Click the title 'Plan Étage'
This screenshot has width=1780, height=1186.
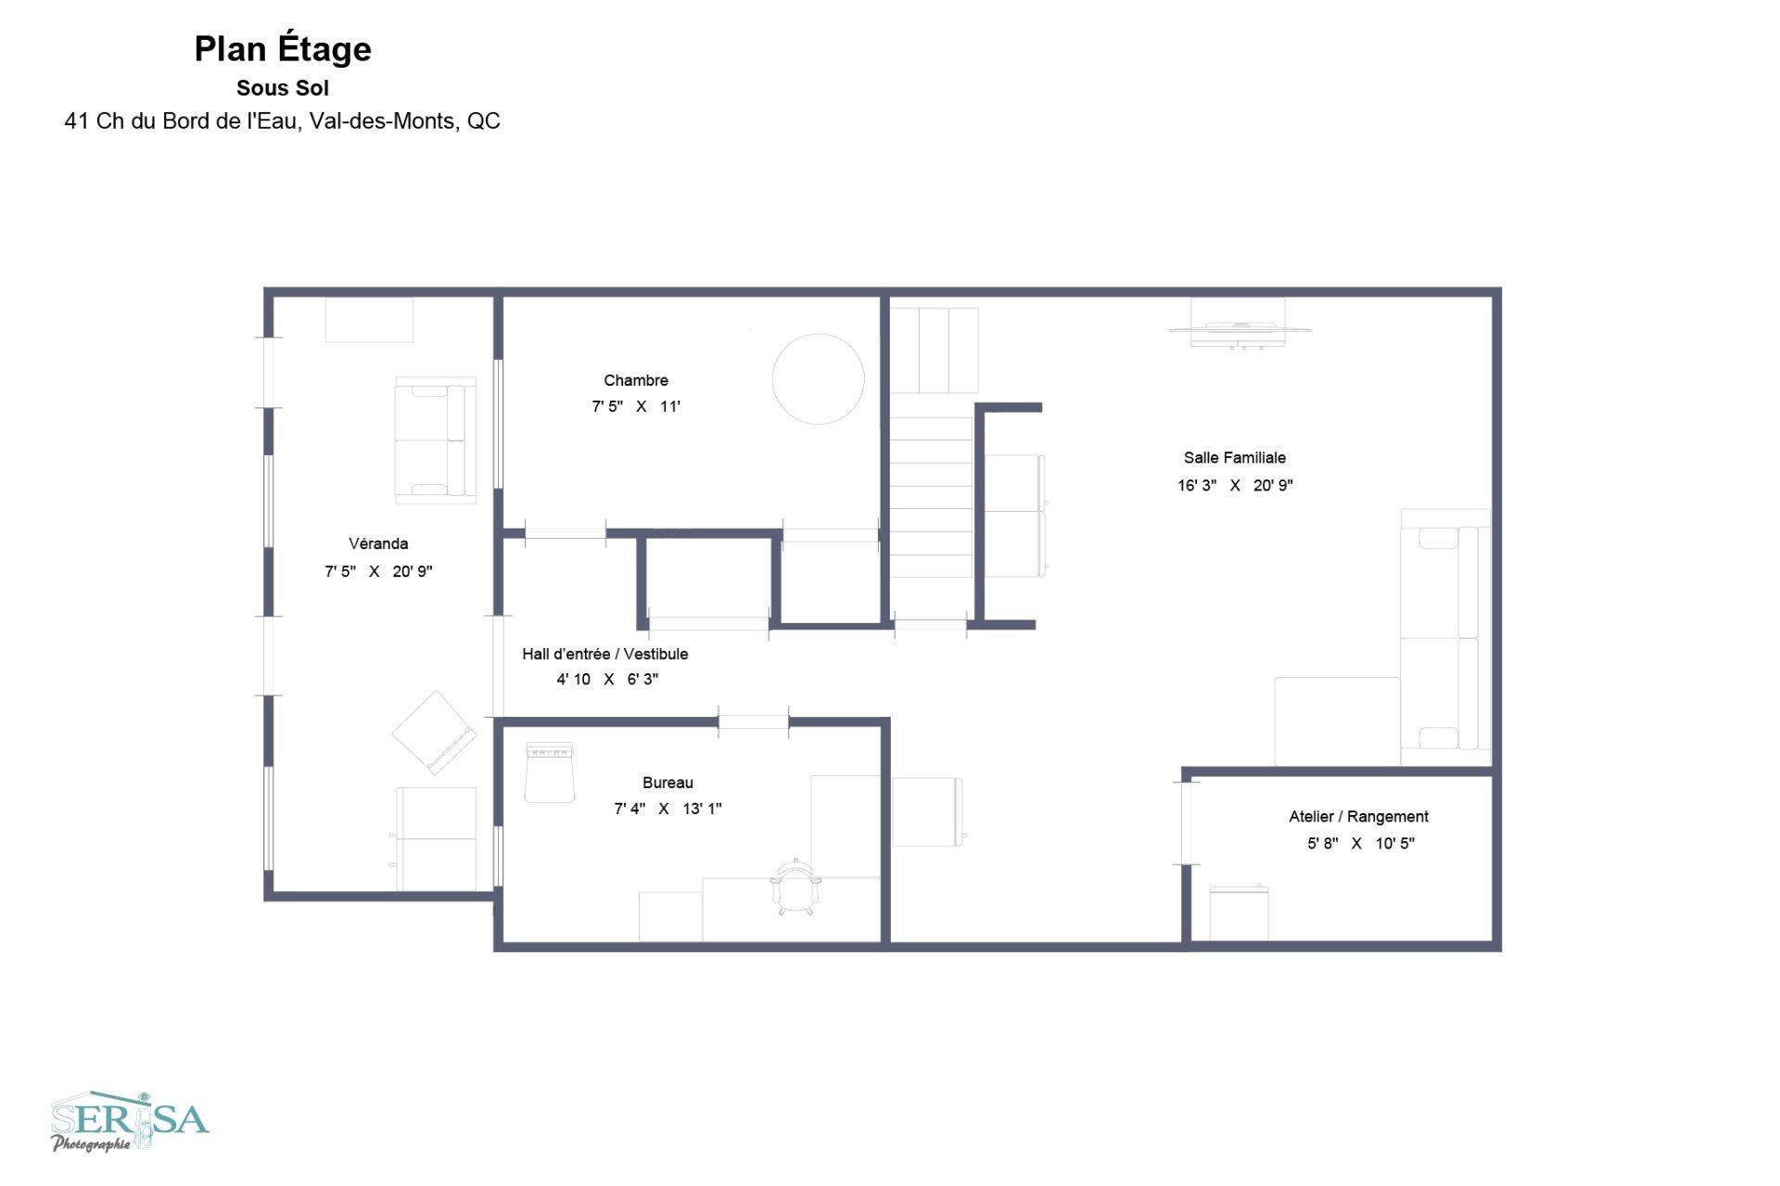coord(283,50)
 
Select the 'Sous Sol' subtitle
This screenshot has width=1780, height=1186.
coord(283,88)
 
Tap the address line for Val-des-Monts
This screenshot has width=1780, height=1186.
coord(282,121)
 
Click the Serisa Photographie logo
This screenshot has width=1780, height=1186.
coord(130,1122)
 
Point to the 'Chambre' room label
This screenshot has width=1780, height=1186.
coord(636,380)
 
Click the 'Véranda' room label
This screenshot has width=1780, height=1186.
coord(378,543)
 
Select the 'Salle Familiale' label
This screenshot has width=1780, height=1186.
coord(1235,457)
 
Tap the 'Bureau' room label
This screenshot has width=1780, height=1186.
coord(667,783)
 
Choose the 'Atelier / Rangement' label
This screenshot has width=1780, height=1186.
coord(1358,817)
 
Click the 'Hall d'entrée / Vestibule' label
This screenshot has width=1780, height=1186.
coord(605,654)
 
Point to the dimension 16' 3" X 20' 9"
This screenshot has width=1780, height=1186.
coord(1235,485)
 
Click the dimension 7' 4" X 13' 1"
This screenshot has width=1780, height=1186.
coord(667,809)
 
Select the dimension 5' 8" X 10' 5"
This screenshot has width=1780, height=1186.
coord(1361,844)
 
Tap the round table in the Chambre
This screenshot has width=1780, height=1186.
coord(819,379)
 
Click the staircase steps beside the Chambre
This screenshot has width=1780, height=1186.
coord(931,497)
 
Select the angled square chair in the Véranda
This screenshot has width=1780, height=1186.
coord(434,733)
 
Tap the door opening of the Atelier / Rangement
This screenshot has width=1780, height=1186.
coord(1186,823)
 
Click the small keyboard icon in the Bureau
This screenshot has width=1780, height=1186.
coord(550,751)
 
